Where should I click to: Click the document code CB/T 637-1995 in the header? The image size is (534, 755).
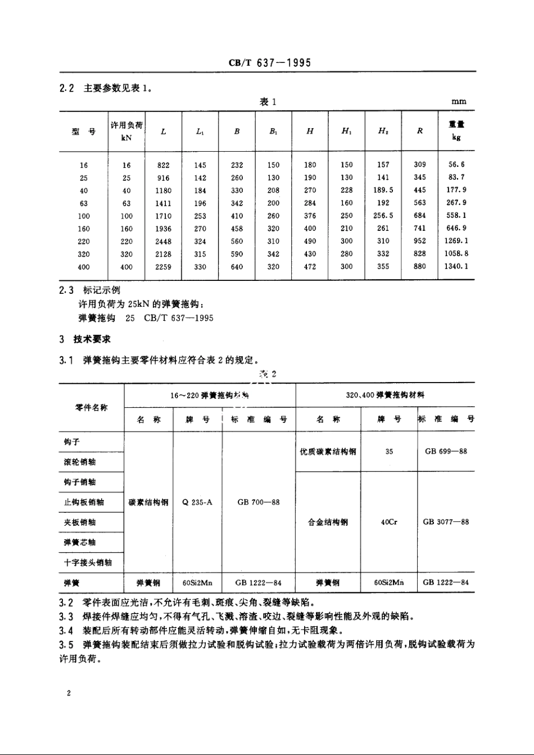pos(269,63)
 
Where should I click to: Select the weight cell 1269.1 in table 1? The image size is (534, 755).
pos(455,241)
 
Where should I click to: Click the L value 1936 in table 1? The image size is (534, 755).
pos(163,229)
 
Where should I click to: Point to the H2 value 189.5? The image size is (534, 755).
pos(383,190)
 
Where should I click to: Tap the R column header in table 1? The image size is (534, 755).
pos(420,131)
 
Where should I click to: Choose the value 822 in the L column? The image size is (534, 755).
pos(163,165)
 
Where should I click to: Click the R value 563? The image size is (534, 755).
pos(420,203)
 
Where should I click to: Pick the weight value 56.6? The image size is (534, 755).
pos(455,165)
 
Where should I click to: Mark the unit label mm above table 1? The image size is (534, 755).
pos(459,102)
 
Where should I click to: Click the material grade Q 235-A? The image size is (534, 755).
pos(197,502)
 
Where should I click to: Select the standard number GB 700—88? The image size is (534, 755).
pos(259,502)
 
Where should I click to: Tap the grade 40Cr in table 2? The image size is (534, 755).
pos(389,522)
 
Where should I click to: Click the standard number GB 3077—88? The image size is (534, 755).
pos(446,522)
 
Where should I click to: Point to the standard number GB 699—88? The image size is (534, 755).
pos(446,451)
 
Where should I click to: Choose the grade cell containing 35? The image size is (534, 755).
pos(389,451)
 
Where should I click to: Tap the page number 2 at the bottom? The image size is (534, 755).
pos(69,694)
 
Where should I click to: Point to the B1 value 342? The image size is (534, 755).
pos(273,254)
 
